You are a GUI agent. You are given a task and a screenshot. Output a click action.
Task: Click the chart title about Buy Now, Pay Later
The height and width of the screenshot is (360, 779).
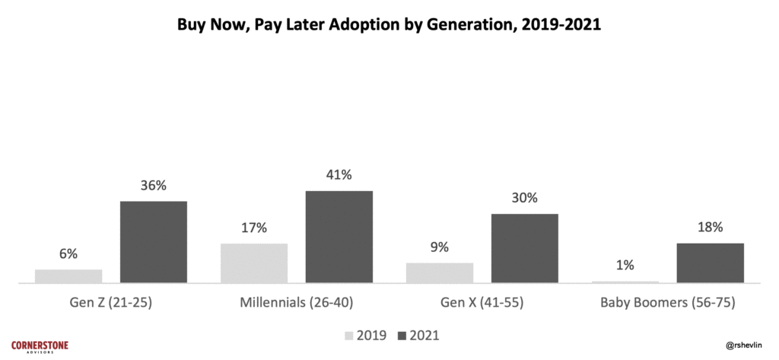coord(389,24)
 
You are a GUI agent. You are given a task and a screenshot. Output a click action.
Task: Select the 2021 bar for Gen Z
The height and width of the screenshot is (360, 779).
coord(153,242)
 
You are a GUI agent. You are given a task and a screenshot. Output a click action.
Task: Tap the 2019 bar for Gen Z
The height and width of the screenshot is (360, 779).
coord(68,276)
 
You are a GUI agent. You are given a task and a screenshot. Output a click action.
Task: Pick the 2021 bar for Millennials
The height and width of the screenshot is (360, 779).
coord(339,237)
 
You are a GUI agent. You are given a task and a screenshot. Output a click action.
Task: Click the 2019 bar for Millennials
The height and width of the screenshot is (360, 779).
coord(254,263)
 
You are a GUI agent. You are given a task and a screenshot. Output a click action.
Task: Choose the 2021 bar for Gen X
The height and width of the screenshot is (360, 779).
coord(525,248)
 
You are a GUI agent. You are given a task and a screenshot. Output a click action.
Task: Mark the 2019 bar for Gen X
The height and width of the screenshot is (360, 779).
coord(440,272)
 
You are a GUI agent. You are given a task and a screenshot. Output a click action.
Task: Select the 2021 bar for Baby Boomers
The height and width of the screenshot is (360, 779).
coord(711,263)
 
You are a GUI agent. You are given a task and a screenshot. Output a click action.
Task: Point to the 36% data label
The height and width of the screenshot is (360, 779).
coord(153,186)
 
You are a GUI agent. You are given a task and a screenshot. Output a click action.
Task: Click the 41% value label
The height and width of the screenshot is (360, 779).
coord(339,175)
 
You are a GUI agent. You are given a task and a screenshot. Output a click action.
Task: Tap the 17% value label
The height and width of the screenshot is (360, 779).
coord(254,228)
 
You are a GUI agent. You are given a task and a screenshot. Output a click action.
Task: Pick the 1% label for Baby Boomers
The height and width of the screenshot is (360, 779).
coord(625,266)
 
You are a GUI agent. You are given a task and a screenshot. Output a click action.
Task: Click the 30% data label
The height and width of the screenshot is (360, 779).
coord(525,198)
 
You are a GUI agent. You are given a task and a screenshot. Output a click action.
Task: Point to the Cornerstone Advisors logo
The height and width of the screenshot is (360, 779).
coord(40,346)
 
